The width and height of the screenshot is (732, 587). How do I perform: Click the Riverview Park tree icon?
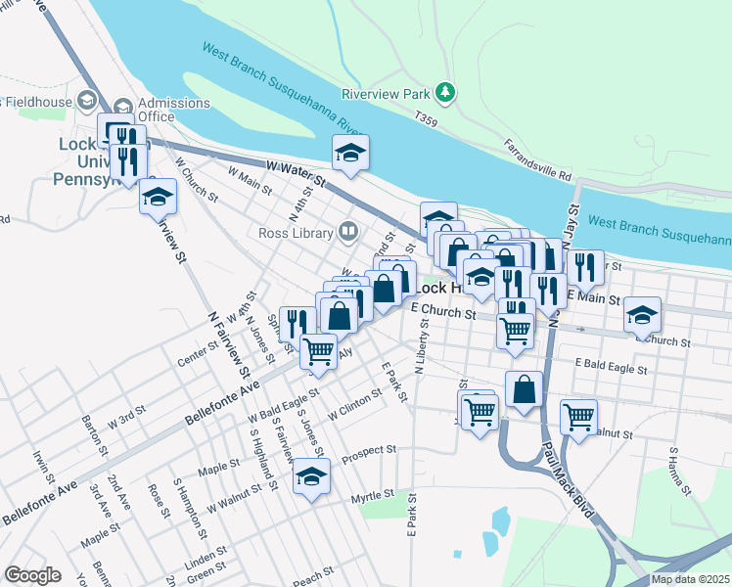pos(446,93)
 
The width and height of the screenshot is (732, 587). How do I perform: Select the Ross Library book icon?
pos(346,232)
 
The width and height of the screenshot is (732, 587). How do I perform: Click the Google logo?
pos(32,575)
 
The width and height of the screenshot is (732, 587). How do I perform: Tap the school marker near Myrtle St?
pos(312,477)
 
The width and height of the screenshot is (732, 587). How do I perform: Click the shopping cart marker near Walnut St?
pos(578,416)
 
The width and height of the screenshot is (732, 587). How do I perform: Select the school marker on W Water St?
pos(349,152)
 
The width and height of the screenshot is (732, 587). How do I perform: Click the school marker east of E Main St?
pos(642,315)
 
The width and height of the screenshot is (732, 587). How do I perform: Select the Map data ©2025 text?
pos(690,579)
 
